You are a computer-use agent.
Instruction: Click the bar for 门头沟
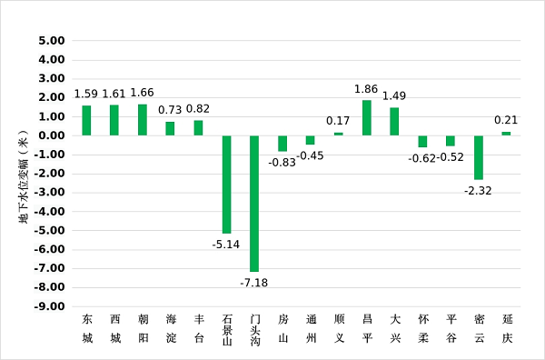(254, 204)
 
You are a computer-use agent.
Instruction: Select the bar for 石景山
(226, 185)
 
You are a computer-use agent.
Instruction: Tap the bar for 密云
(479, 157)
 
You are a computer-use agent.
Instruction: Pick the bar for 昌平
(367, 118)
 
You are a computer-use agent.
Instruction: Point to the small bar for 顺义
(339, 134)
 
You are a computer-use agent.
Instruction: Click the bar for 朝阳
(143, 120)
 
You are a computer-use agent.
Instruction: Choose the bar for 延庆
(507, 134)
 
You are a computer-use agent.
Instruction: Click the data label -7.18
(254, 283)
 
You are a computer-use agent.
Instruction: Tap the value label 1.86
(366, 89)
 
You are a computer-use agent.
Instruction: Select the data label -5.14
(226, 245)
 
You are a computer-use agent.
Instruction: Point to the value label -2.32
(478, 191)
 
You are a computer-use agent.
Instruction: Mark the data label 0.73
(170, 110)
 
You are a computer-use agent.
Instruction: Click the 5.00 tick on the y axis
(52, 41)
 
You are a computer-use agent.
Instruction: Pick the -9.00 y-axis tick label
(50, 306)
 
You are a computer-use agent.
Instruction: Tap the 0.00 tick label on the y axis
(52, 135)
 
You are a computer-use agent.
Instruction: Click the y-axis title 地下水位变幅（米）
(24, 176)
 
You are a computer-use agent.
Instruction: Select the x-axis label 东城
(87, 328)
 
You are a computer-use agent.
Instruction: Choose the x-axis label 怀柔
(423, 328)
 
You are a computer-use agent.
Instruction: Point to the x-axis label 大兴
(395, 328)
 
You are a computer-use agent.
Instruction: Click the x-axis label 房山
(282, 328)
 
